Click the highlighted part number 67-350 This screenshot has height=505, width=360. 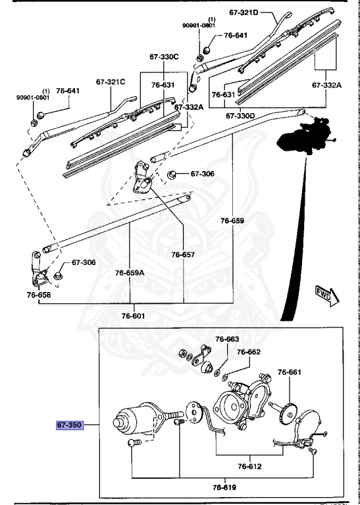click(x=68, y=425)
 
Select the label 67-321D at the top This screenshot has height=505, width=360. click(x=244, y=12)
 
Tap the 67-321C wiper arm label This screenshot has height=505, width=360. click(x=110, y=82)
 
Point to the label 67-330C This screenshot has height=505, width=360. click(x=164, y=57)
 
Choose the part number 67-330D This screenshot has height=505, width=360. click(x=240, y=115)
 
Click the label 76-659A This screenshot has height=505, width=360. click(x=130, y=272)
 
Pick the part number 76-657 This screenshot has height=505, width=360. click(x=184, y=254)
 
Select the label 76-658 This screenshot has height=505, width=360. click(x=39, y=295)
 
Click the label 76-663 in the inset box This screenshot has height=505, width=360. click(x=228, y=339)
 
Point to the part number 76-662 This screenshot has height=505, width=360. click(x=249, y=352)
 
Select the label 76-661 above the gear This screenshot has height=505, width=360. click(x=288, y=372)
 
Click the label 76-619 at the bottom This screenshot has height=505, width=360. click(x=224, y=487)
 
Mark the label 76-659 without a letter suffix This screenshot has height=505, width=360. click(x=233, y=221)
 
